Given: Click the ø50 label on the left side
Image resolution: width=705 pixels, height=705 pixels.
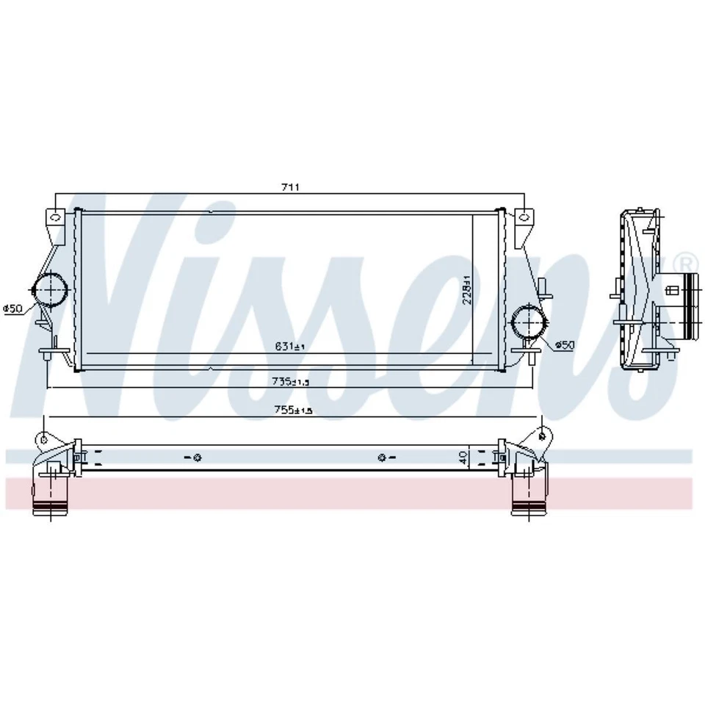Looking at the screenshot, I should pos(12,309).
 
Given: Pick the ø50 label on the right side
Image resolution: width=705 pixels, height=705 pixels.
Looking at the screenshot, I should pos(564,344).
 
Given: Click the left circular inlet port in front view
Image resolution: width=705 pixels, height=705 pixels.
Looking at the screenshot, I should pos(49,292).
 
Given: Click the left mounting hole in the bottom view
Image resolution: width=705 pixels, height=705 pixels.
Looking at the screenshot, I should pos(198,459).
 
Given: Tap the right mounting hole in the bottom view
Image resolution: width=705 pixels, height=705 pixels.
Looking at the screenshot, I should pos(382,459).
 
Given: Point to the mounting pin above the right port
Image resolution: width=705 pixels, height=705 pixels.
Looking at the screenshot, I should pos(542,286).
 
